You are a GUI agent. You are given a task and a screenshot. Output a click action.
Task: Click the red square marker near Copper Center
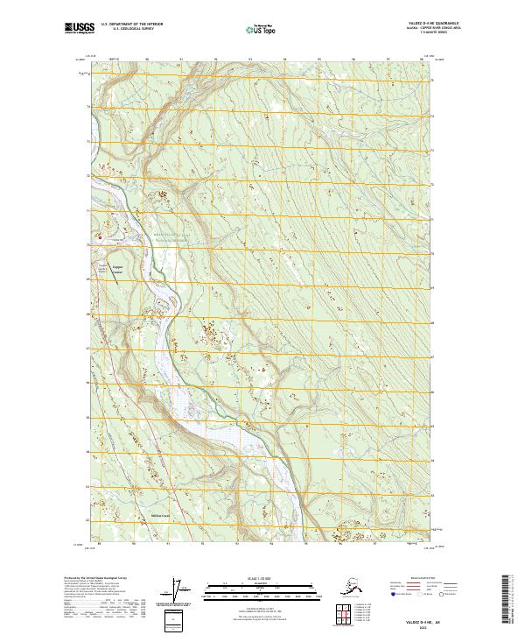click(x=100, y=236)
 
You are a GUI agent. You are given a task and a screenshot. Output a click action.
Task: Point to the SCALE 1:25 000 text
click(x=262, y=578)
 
